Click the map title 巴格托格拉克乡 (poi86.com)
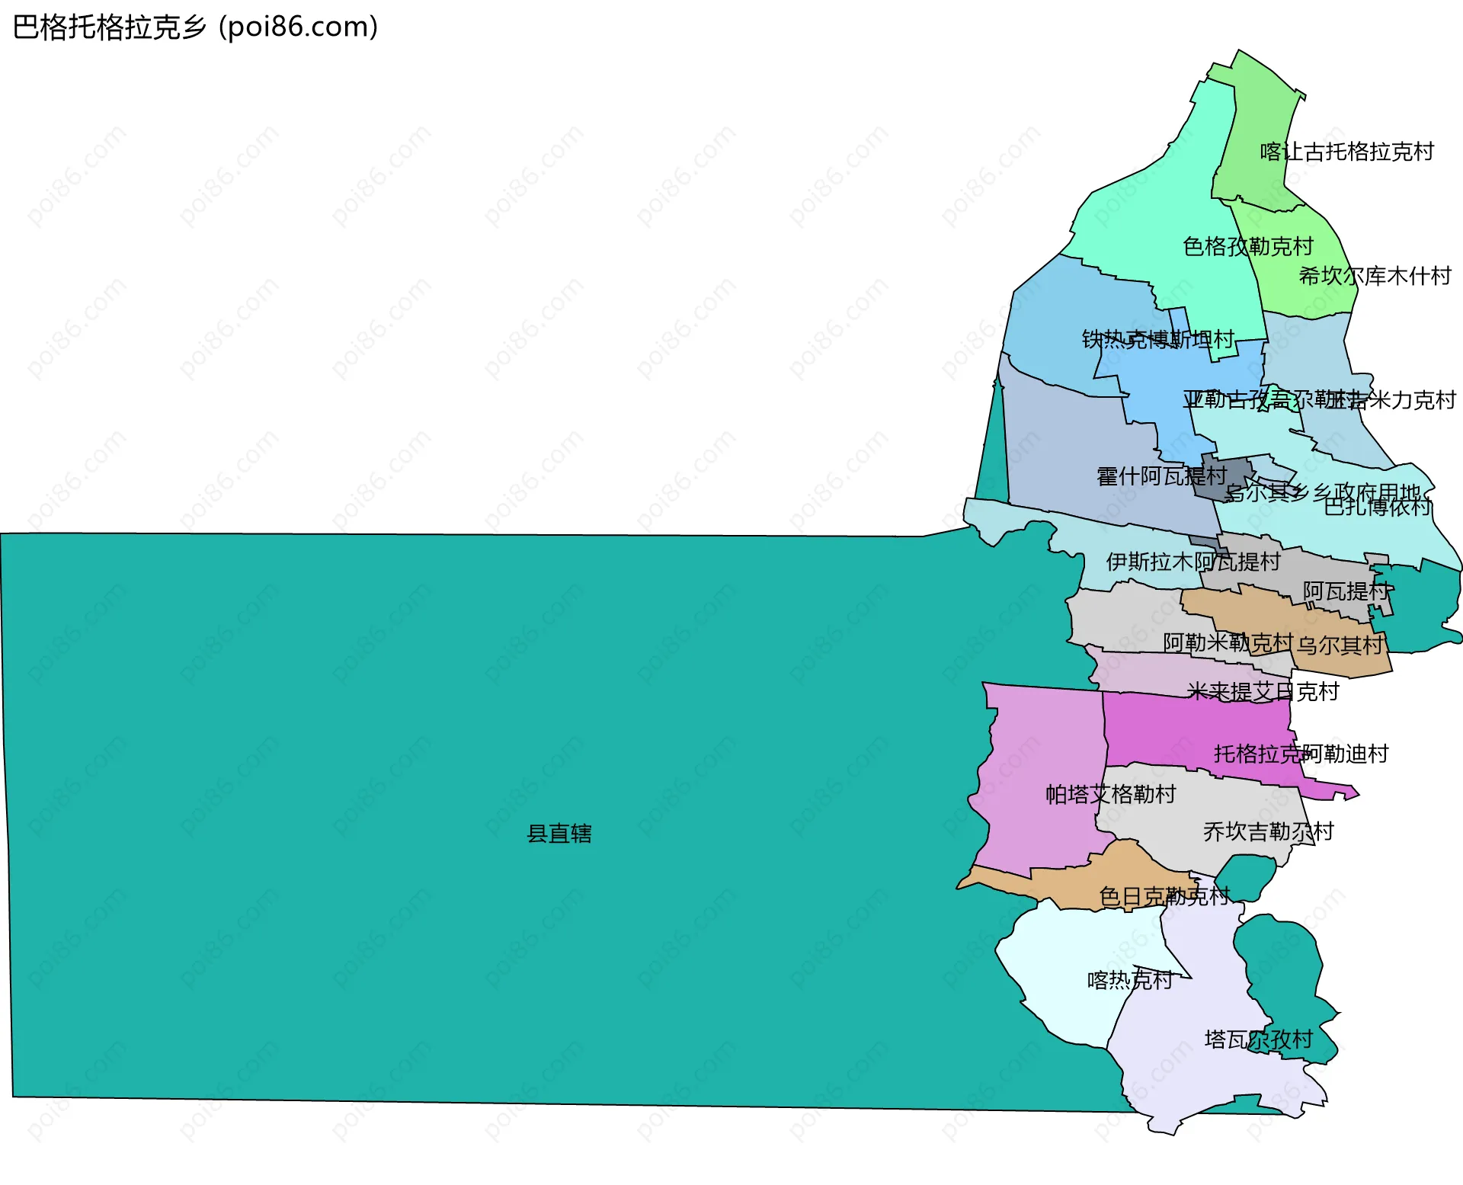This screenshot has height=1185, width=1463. pos(196,27)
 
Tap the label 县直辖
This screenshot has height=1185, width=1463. pos(559,834)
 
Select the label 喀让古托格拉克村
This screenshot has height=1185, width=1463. pos(1346,152)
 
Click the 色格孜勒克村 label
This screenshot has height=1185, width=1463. pos(1247,246)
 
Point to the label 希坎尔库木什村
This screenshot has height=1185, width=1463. pos(1375,276)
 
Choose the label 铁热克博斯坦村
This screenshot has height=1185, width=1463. pos(1158,339)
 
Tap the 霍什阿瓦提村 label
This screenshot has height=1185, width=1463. pos(1161,476)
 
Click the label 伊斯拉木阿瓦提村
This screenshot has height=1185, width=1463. pos(1192,562)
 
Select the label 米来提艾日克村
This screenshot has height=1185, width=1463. pos(1263,691)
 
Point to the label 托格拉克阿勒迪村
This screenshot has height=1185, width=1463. pos(1301,754)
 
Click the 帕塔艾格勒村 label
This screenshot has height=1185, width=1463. pos(1110,794)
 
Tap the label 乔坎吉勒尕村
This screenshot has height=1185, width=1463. pos(1268,831)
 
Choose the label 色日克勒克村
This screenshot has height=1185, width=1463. pos(1164,896)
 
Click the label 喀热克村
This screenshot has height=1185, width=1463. pos(1129,979)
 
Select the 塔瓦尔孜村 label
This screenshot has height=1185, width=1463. pos(1258,1039)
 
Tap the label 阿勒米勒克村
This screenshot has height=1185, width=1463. pos(1228,642)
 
